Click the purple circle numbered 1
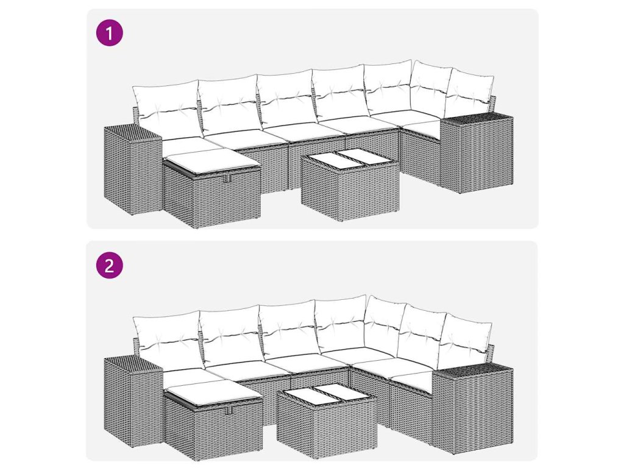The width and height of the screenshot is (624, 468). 110,33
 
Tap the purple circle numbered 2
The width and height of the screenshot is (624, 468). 110,265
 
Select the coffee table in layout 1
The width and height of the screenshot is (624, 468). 350,185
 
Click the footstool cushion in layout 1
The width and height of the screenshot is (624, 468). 210,161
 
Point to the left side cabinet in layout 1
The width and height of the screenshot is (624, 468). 133,170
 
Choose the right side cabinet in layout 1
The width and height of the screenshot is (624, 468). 477,153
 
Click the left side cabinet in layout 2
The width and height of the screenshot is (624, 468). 133,401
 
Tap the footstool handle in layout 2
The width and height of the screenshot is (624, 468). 229,410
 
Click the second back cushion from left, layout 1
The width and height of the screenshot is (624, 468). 229,104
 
